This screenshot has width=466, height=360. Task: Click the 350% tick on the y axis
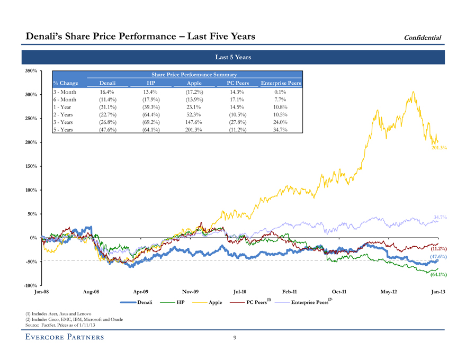pyautogui.click(x=29, y=70)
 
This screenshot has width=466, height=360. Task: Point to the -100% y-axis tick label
pyautogui.click(x=28, y=286)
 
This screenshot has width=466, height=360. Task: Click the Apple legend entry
pyautogui.click(x=215, y=302)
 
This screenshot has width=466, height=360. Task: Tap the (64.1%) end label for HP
pyautogui.click(x=439, y=274)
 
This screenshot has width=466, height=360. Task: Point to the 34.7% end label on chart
pyautogui.click(x=441, y=217)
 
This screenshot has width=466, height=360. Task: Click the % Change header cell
pyautogui.click(x=66, y=83)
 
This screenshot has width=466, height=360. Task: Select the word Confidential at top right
pyautogui.click(x=423, y=37)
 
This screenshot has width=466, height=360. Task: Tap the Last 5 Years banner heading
pyautogui.click(x=233, y=57)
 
